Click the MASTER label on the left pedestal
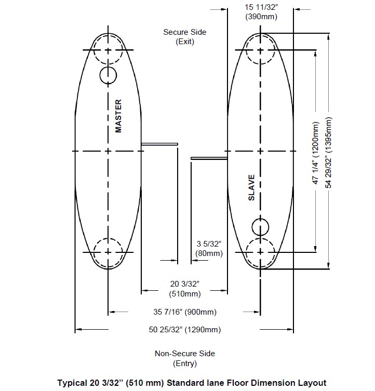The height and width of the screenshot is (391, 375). point(118,116)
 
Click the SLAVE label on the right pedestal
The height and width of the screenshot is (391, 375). point(251,187)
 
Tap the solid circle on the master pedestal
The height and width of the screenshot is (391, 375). point(108,75)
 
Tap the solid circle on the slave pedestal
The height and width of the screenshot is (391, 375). point(261,227)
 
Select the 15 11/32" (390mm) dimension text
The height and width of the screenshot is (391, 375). point(261,12)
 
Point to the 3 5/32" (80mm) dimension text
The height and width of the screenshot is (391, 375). point(209,249)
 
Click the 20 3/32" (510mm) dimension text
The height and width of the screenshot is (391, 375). point(185,289)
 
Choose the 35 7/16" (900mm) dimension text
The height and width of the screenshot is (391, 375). point(185,312)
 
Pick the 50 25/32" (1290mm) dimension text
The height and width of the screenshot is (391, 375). point(185,330)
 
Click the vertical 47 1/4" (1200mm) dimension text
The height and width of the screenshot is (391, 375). point(316,153)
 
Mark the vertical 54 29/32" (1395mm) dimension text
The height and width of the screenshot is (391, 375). point(329,153)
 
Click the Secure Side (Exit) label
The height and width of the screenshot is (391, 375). point(185,37)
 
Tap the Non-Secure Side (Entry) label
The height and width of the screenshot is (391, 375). point(185,358)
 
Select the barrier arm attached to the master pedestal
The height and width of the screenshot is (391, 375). point(159,144)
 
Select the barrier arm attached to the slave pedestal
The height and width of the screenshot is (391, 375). point(209,158)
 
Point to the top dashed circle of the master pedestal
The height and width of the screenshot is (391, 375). point(108,50)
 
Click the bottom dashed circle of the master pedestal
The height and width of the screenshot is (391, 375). point(108,252)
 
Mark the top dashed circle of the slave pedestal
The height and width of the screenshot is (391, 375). point(261,50)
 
